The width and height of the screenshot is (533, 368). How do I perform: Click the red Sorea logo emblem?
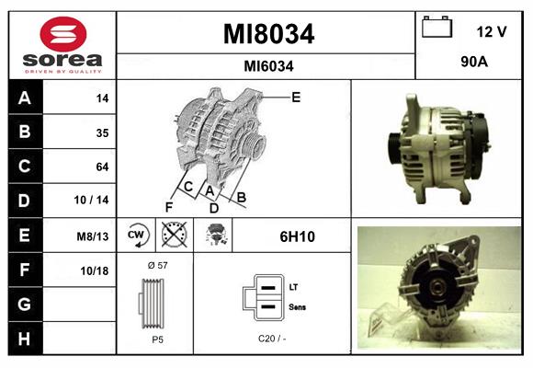pyautogui.click(x=63, y=34)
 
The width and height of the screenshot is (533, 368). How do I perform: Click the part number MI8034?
pyautogui.click(x=268, y=34)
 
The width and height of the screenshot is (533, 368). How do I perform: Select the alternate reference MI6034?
pyautogui.click(x=268, y=66)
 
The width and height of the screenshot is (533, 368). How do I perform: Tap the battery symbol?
pyautogui.click(x=437, y=27)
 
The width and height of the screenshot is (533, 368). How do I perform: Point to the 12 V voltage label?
pyautogui.click(x=492, y=31)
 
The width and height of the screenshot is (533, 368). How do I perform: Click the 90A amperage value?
pyautogui.click(x=474, y=62)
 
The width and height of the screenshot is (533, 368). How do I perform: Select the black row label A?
pyautogui.click(x=25, y=98)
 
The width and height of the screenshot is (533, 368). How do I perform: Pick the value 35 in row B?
pyautogui.click(x=102, y=132)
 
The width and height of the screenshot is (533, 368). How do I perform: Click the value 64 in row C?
pyautogui.click(x=102, y=167)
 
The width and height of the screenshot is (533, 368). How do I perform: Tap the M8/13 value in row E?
pyautogui.click(x=93, y=236)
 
